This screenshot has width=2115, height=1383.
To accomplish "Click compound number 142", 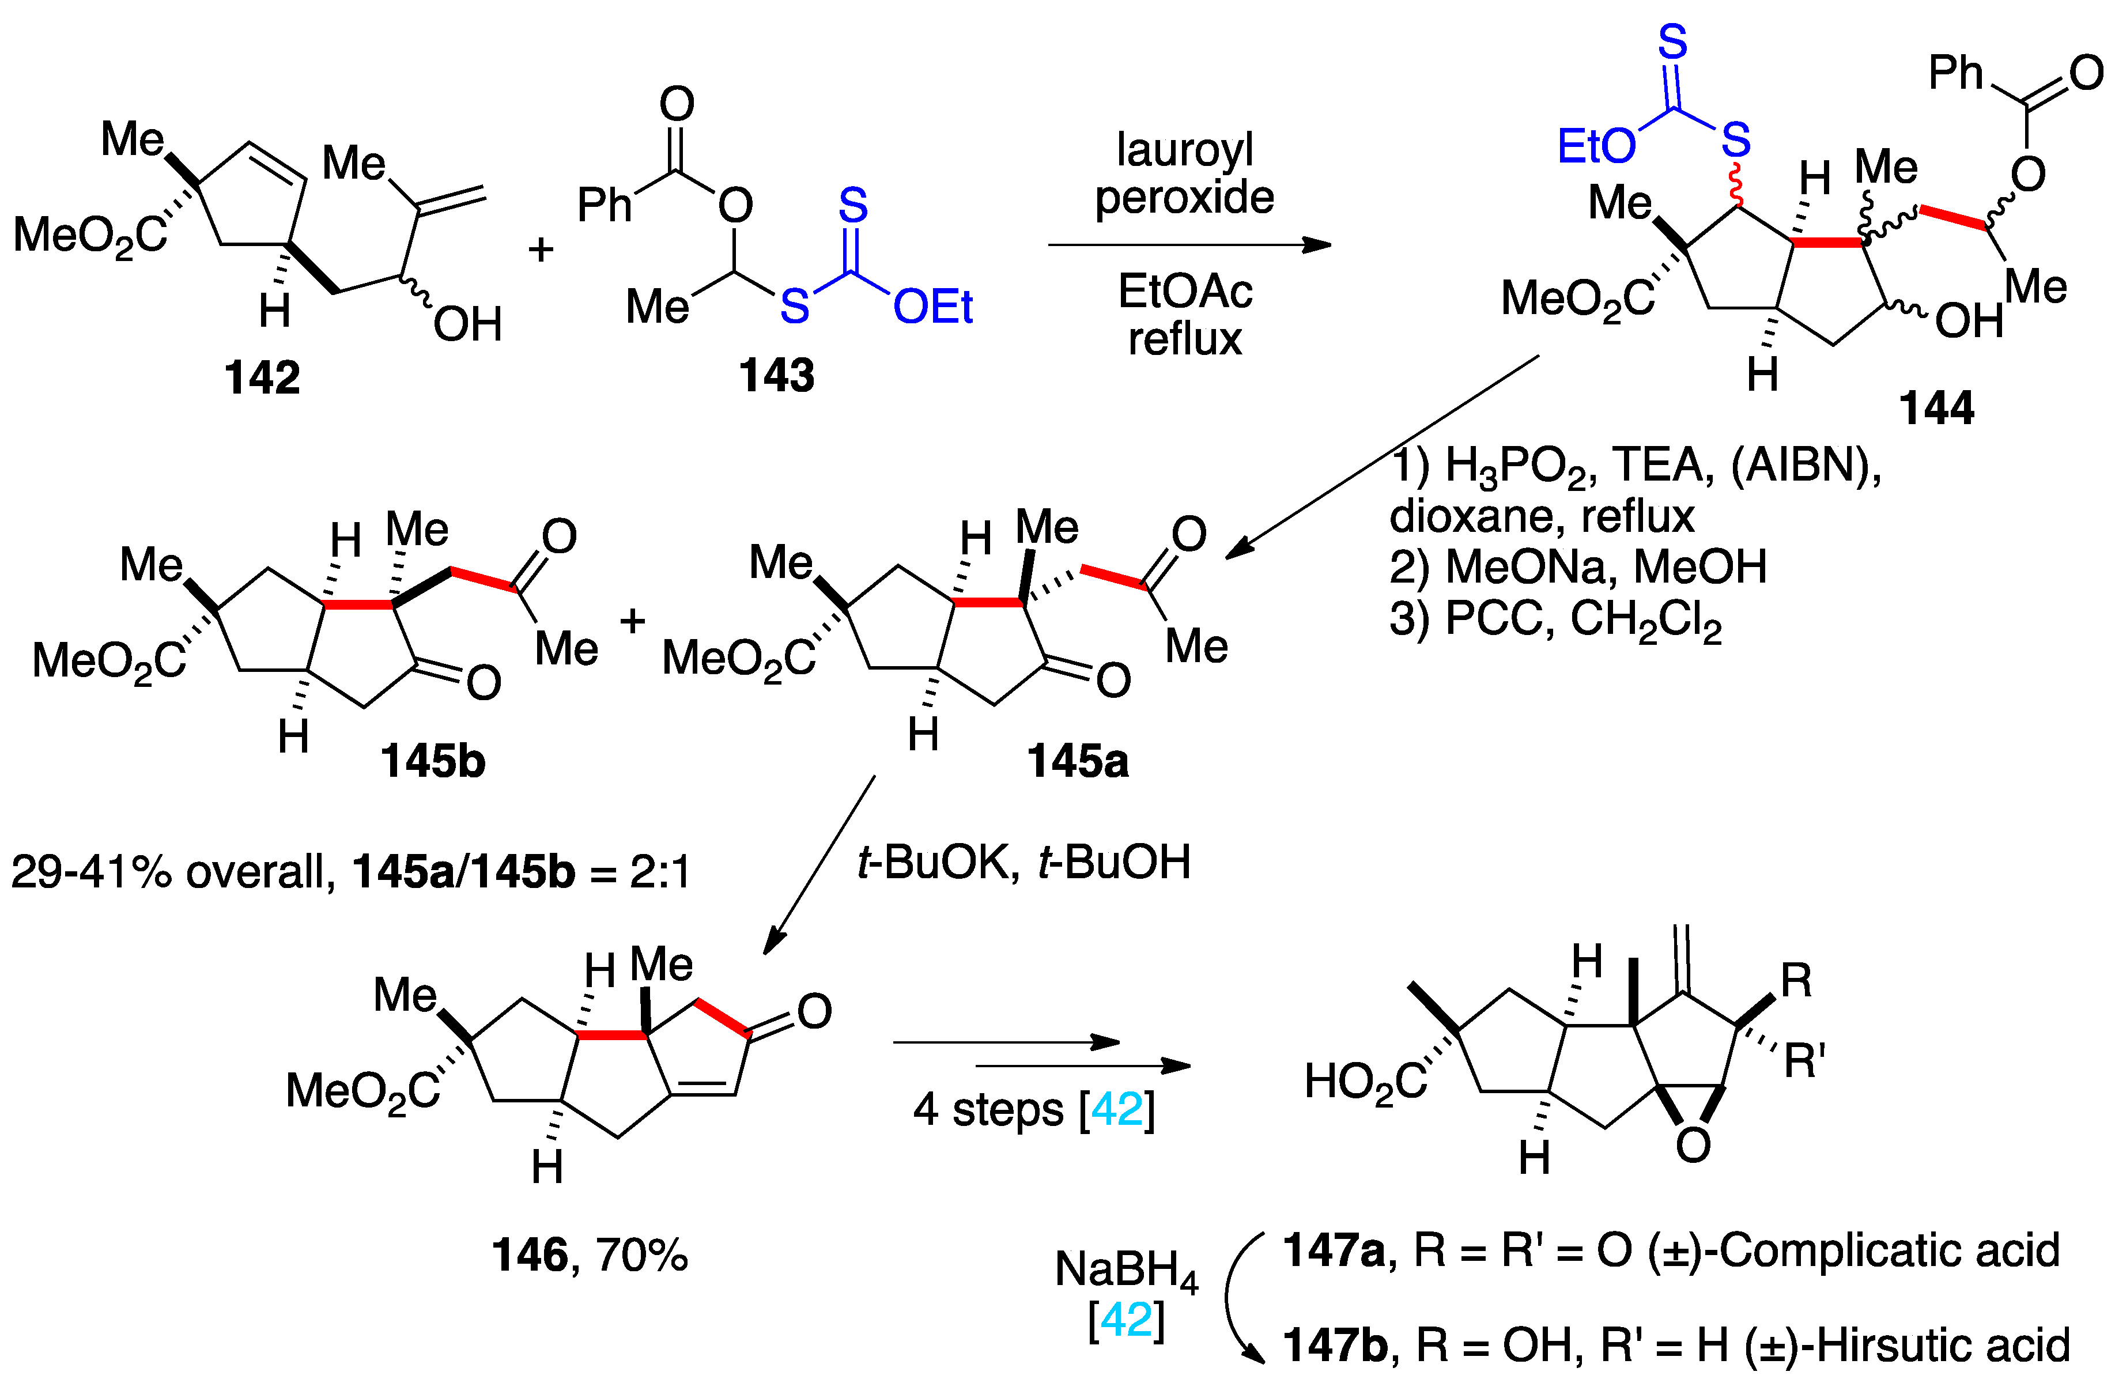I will [262, 378].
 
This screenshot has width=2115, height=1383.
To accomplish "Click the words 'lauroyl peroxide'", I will [1185, 173].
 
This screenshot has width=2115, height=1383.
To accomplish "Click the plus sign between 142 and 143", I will [541, 250].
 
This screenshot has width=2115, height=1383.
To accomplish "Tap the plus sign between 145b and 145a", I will [632, 621].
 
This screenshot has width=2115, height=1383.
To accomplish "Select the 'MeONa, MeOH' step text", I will [1577, 567].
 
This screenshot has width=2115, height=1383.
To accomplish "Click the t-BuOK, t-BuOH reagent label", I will [1023, 862].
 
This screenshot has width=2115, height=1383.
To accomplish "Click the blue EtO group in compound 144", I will [1595, 146].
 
